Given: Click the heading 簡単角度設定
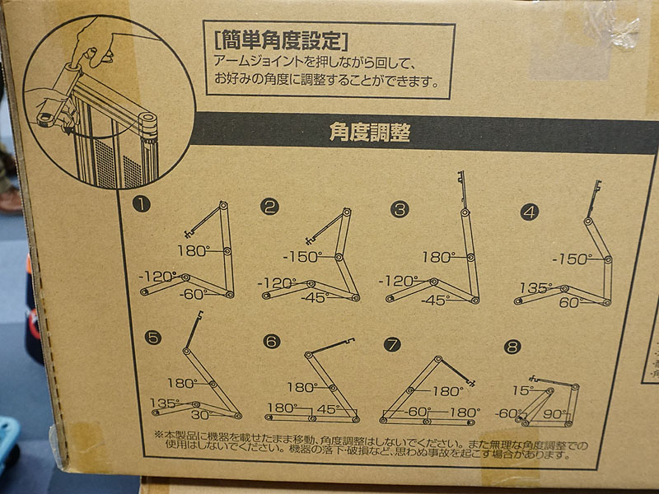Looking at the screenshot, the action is (281, 40).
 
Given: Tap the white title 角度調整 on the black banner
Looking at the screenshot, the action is (369, 133).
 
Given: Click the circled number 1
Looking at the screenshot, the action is (141, 204).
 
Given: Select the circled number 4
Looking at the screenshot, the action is (530, 212).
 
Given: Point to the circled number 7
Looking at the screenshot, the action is (392, 345).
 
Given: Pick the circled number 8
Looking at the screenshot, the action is (512, 347).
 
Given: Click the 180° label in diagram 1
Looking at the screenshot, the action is (194, 251).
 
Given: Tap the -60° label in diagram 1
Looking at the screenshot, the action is (194, 295).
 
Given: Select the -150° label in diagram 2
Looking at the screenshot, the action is (302, 257).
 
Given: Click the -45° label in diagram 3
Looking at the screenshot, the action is (436, 301).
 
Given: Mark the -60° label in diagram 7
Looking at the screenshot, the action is (418, 411).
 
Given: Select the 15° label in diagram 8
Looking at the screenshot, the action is (523, 390).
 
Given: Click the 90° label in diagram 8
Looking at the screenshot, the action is (554, 414).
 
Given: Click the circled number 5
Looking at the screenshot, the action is (152, 338).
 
